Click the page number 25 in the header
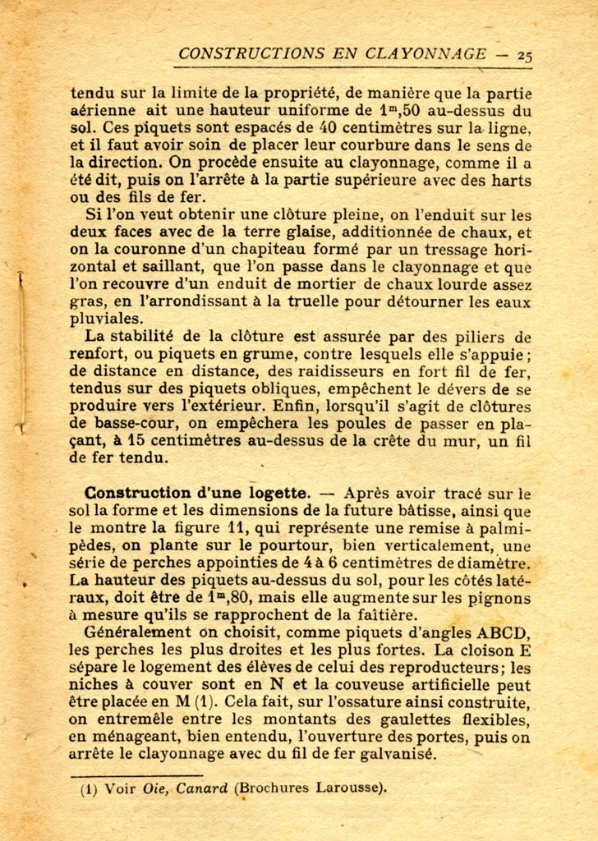(525, 56)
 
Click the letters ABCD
(503, 632)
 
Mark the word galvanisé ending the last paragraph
(397, 755)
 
